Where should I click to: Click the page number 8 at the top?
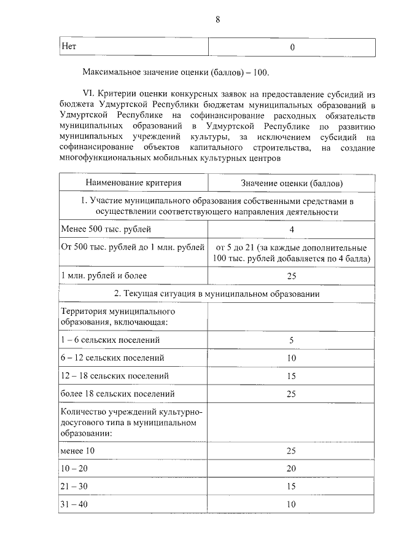217,19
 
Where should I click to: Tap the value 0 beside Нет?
292,47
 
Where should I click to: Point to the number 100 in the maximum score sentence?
260,72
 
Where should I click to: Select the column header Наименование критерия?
133,183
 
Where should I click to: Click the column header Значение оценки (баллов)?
292,183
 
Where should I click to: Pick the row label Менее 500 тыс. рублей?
106,229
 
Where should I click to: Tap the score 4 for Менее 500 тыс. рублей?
292,229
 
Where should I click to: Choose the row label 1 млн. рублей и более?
104,276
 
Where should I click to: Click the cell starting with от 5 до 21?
292,253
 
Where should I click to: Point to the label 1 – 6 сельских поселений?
110,339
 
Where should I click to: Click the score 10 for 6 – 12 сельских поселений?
292,358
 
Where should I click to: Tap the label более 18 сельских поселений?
118,393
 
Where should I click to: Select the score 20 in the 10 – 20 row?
292,468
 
